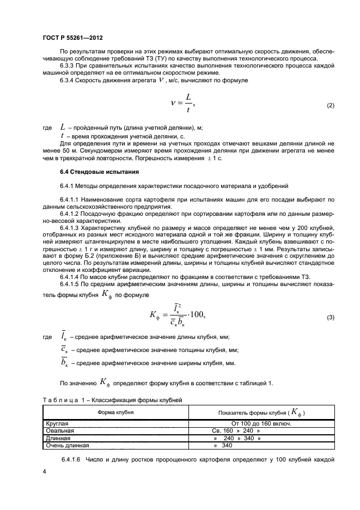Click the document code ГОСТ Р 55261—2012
(72, 38)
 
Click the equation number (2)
(330, 105)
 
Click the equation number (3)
(330, 317)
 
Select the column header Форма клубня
(115, 412)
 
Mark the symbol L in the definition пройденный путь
(63, 127)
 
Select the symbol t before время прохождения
(63, 135)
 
